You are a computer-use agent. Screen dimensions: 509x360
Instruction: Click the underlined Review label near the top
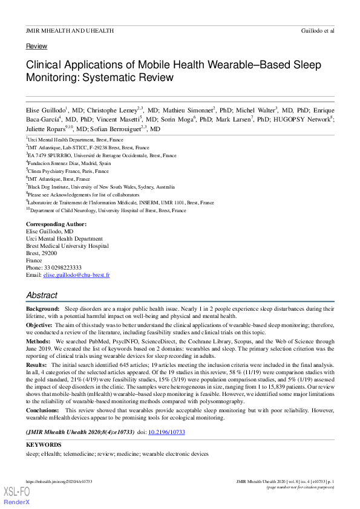coord(36,46)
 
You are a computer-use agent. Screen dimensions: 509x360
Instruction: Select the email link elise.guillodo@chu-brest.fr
coord(76,274)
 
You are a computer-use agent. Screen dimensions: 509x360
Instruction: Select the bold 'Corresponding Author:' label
coord(56,224)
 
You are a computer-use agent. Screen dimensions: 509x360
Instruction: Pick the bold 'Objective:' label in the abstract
coord(40,325)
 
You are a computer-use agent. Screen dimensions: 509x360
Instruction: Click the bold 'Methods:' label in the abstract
coord(39,341)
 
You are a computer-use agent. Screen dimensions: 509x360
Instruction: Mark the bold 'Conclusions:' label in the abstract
coord(44,410)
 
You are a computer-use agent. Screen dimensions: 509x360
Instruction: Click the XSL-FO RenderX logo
coord(17,497)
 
